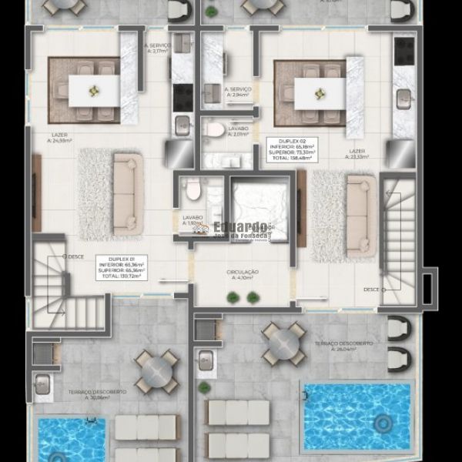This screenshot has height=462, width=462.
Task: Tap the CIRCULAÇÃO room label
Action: pyautogui.click(x=243, y=275)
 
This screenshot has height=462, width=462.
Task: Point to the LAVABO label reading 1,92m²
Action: pyautogui.click(x=192, y=220)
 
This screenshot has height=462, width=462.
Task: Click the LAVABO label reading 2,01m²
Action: pyautogui.click(x=239, y=132)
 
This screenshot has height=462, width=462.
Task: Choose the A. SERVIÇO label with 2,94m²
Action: pyautogui.click(x=238, y=92)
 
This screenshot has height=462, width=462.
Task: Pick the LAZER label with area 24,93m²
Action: pyautogui.click(x=59, y=138)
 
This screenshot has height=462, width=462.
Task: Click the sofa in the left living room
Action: pyautogui.click(x=128, y=192)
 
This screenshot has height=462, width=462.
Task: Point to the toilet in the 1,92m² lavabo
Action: pyautogui.click(x=193, y=188)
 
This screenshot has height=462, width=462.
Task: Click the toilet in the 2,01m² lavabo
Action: pyautogui.click(x=216, y=129)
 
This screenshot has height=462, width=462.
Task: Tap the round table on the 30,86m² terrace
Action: pyautogui.click(x=157, y=372)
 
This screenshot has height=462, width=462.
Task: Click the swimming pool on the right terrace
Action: pyautogui.click(x=358, y=417)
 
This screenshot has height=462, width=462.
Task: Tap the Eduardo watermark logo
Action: pyautogui.click(x=241, y=229)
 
